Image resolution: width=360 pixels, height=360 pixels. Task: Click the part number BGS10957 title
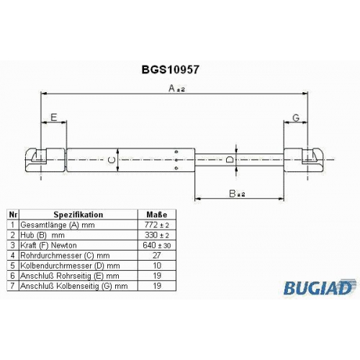(x=170, y=70)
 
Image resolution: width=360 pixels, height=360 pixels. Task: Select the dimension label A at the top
(x=172, y=89)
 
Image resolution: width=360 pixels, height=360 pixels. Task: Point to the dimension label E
(x=54, y=117)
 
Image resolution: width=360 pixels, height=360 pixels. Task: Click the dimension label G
(x=296, y=118)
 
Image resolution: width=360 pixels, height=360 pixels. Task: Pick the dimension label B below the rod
(x=233, y=194)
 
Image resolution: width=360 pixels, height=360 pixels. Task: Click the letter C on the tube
(x=112, y=161)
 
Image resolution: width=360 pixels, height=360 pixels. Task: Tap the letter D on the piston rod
(x=230, y=159)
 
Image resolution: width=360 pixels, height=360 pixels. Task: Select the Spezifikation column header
(x=78, y=215)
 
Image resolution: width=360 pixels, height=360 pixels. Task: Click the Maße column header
(x=157, y=215)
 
